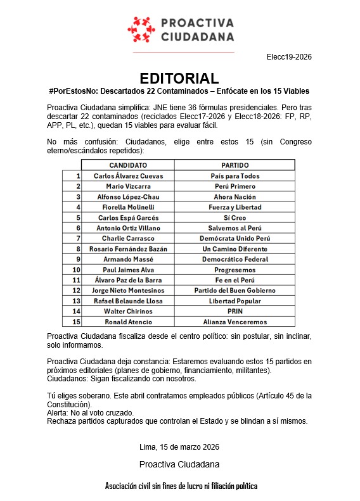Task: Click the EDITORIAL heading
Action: (179, 79)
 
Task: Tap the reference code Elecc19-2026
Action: (289, 57)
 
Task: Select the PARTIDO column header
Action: (235, 165)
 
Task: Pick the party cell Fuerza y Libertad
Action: (235, 207)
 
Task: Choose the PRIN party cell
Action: (235, 311)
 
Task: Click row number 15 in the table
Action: (77, 322)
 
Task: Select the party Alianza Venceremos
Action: (235, 322)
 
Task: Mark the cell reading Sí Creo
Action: (235, 217)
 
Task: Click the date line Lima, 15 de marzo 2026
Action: (179, 447)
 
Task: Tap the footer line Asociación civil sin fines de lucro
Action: (181, 486)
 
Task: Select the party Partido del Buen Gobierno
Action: (235, 290)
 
